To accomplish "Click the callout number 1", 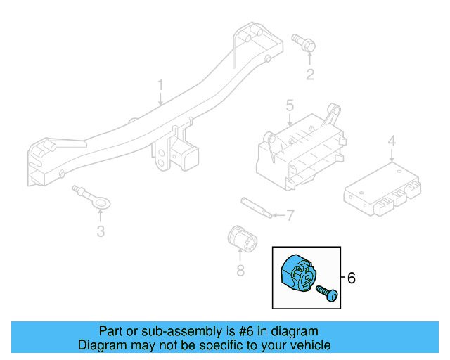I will click(x=160, y=86).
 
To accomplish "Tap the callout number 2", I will click(x=309, y=75).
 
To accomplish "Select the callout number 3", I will click(x=101, y=231).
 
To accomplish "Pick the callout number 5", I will click(x=289, y=106).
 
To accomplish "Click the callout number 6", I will click(x=352, y=278).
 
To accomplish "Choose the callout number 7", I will click(x=290, y=214).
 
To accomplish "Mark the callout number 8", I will click(x=240, y=269).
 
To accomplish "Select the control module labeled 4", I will click(x=382, y=188).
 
